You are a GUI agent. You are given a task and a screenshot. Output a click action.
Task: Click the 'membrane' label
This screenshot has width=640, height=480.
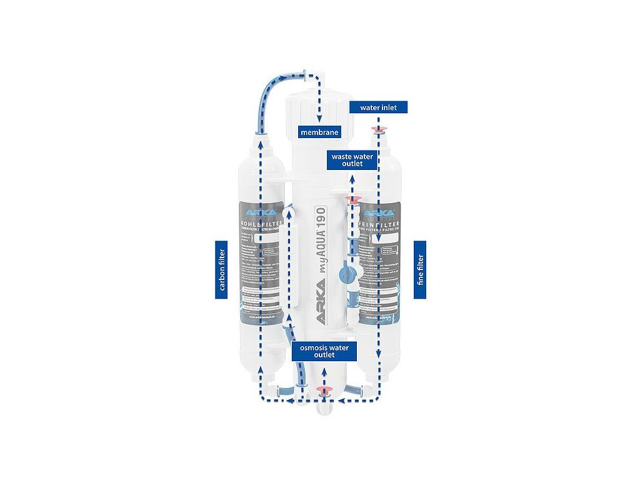[319, 132]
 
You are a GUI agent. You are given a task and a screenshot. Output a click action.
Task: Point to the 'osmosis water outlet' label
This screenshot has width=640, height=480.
[324, 350]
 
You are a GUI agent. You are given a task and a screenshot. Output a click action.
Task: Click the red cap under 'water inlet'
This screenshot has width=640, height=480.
[378, 129]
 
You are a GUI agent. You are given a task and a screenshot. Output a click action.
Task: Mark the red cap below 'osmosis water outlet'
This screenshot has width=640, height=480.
[324, 390]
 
